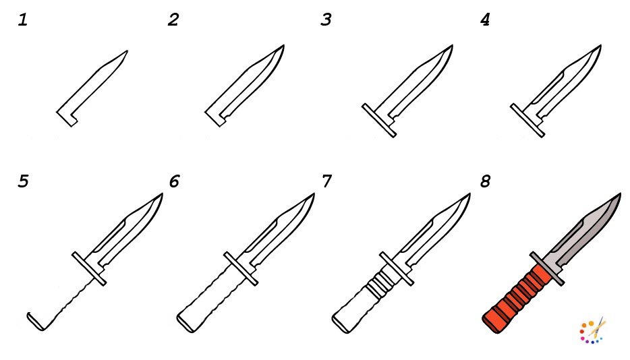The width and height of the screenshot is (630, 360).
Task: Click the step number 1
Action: [x=23, y=20]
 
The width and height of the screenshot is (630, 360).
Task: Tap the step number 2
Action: [x=173, y=20]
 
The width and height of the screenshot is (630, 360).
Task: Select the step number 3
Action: [x=326, y=20]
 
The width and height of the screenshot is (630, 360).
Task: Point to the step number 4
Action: [x=485, y=20]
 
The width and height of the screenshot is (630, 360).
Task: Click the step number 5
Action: [x=24, y=181]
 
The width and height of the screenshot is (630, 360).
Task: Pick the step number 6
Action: [x=174, y=181]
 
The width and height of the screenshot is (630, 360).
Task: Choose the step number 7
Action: [x=326, y=181]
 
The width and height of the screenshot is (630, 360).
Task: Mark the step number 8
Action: [x=486, y=181]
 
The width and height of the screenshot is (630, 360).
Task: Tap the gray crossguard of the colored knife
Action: [x=547, y=269]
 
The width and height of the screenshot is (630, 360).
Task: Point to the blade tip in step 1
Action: [x=127, y=51]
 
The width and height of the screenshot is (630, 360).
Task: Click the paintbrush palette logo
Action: [x=593, y=330]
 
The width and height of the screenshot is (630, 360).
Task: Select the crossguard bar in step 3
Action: [x=379, y=121]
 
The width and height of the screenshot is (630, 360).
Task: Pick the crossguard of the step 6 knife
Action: [x=241, y=269]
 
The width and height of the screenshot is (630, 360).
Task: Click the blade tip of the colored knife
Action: [x=621, y=194]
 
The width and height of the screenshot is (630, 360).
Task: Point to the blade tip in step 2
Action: [x=283, y=46]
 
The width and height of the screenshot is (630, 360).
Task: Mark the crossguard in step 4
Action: [x=527, y=121]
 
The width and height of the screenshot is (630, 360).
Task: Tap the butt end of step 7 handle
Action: [x=342, y=323]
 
